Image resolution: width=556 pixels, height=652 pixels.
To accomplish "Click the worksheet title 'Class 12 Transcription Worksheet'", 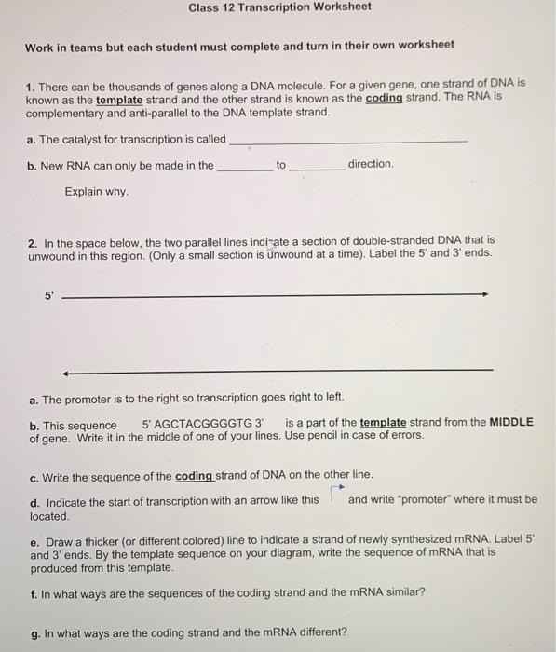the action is coord(279,7).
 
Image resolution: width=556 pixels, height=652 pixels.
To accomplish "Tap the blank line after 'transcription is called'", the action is coord(348,140).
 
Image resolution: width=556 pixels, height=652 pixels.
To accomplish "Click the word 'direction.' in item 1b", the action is coord(371,164).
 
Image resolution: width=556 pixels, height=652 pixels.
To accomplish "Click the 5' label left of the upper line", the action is coord(49,295).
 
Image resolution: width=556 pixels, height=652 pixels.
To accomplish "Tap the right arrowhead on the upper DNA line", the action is coord(483,295).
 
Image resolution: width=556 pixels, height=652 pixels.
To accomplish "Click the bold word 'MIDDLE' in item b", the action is coord(511,422).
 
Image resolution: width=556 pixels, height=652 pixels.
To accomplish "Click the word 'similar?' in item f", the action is coord(404,592).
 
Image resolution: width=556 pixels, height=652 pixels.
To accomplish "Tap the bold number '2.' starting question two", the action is coord(33,239).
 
